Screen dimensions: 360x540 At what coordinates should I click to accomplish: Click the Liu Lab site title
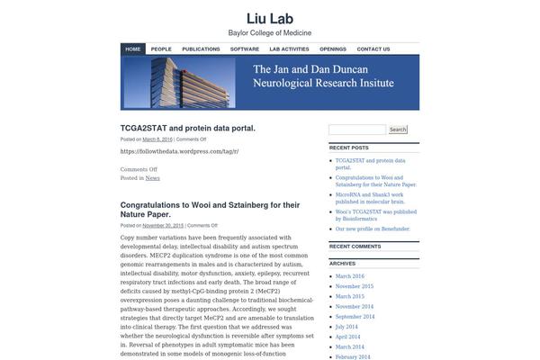[270, 18]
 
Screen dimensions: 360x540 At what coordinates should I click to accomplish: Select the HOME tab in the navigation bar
[133, 49]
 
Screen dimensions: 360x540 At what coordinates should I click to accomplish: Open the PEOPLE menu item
[161, 49]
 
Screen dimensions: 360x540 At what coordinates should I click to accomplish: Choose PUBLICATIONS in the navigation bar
[201, 49]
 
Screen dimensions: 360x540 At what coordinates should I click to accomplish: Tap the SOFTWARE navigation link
[245, 49]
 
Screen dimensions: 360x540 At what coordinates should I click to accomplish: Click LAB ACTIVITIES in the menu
[289, 49]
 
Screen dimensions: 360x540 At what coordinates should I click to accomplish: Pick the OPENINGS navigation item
[333, 49]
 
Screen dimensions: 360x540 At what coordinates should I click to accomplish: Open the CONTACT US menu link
[373, 49]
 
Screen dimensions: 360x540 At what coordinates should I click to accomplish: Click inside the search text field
[357, 130]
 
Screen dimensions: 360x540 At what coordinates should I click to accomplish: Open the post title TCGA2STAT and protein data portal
[188, 128]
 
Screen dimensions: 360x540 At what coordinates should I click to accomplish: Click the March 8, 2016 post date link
[157, 139]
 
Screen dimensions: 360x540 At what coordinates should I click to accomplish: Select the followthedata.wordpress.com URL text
[179, 151]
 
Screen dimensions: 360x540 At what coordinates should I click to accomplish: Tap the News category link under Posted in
[153, 178]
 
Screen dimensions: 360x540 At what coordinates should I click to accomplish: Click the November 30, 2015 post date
[163, 225]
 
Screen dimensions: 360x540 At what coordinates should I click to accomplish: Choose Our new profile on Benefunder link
[373, 229]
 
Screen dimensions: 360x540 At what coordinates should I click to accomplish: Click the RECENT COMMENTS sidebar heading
[355, 246]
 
